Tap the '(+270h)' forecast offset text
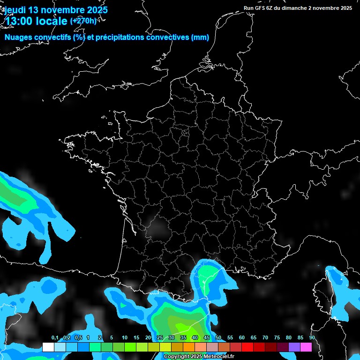[83, 21]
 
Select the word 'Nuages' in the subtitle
[18, 37]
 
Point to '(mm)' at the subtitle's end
[200, 37]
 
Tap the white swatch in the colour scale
[48, 347]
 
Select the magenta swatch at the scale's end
[306, 347]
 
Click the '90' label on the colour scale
[312, 338]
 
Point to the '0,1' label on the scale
[55, 338]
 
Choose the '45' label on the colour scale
[206, 338]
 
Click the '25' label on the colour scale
[160, 338]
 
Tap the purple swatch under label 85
[294, 347]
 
